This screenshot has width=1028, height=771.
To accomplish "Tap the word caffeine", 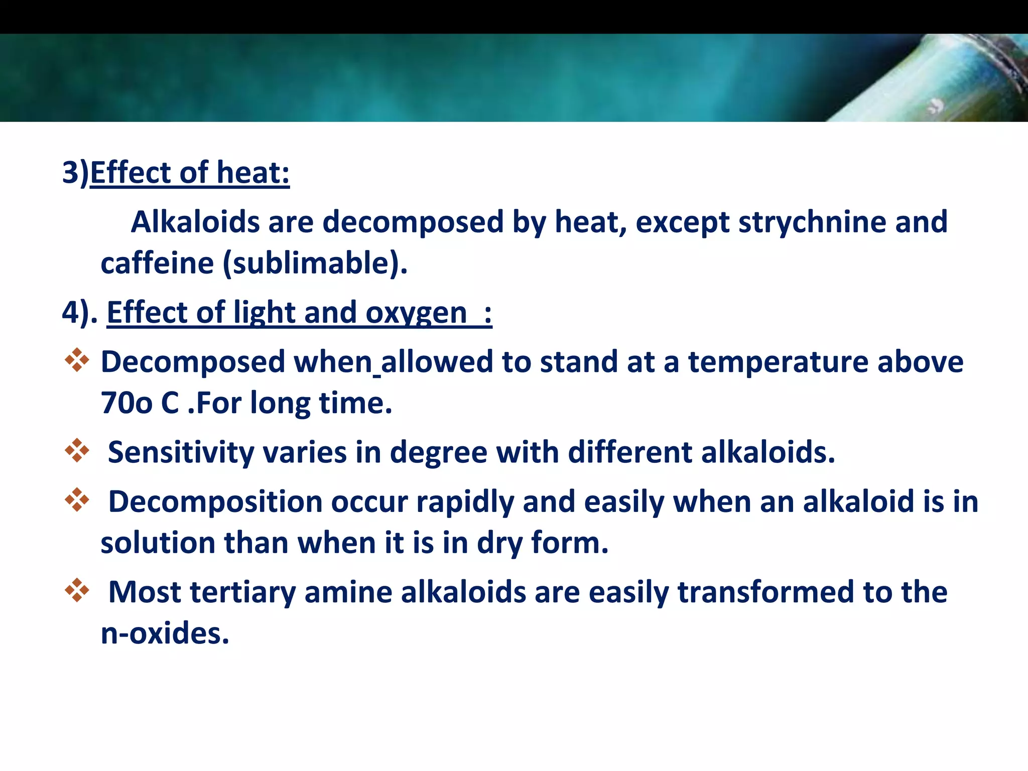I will (157, 264).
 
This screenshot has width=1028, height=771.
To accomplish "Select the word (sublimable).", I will (315, 264).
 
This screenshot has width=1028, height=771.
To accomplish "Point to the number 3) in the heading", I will (75, 173).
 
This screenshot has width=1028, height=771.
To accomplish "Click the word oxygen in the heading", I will (416, 313).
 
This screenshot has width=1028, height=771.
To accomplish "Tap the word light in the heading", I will (264, 313).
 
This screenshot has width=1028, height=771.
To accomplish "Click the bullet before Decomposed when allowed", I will (77, 360).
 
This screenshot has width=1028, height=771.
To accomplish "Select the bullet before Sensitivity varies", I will (77, 450).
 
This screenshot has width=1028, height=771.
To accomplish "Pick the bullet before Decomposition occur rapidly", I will (77, 499).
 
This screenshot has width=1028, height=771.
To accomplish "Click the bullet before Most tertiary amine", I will (77, 590).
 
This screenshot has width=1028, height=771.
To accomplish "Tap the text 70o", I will (126, 403).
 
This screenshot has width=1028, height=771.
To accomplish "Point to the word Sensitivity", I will (181, 452).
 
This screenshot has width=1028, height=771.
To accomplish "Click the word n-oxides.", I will (165, 633).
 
